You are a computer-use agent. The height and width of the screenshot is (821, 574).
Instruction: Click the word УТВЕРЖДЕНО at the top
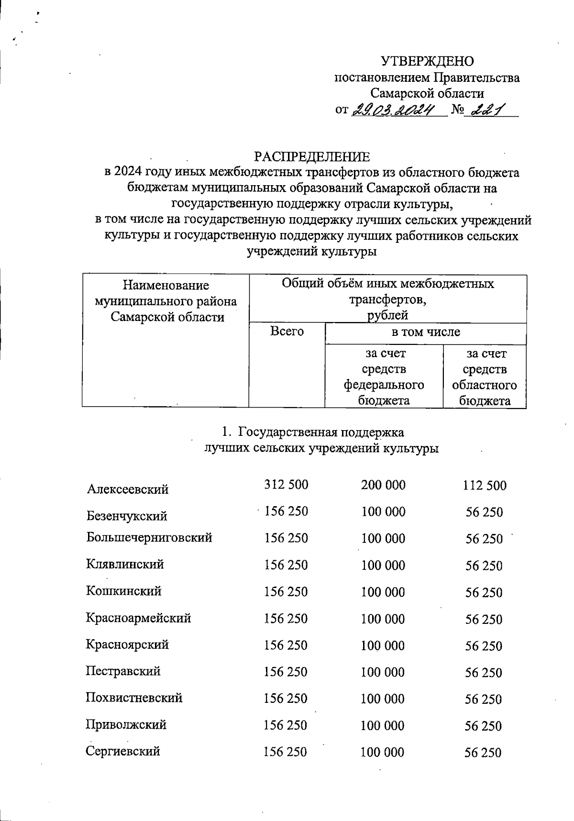point(427,61)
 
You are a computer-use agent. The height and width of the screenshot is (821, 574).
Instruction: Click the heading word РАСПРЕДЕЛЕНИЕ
point(311,157)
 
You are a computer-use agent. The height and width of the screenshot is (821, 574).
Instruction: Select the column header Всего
point(287,331)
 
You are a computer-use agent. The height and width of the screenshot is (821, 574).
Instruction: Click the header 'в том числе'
point(425,332)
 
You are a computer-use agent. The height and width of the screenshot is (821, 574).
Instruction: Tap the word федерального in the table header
point(384,385)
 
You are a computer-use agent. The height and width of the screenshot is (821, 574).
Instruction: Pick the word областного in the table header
point(484,385)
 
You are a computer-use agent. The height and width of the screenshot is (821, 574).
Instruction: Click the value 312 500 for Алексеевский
point(286,485)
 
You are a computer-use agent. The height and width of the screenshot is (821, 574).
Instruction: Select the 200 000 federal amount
point(383,485)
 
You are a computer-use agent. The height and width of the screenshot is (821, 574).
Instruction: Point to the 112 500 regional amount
point(484,486)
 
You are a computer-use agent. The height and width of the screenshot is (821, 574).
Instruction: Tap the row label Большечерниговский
point(149,537)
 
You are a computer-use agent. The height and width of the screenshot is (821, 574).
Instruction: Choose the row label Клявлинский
point(125,564)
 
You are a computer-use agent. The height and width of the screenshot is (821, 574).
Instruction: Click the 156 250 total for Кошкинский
point(286,592)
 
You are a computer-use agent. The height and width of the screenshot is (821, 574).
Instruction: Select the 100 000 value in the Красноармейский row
point(383,619)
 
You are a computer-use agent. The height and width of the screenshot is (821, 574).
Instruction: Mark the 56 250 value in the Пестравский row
point(484,673)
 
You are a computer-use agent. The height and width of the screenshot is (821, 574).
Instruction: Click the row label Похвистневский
point(134,698)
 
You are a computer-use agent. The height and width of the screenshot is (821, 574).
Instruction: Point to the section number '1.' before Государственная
point(226,433)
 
